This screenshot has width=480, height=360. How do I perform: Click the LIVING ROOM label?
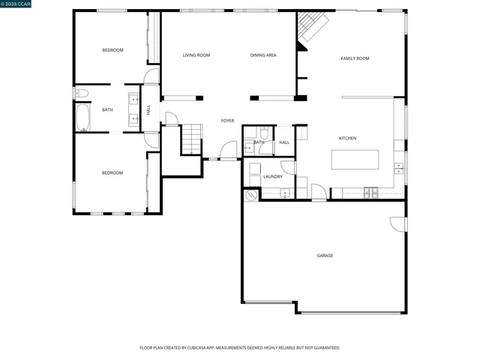coord(196,55)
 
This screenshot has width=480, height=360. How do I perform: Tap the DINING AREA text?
coord(263,55)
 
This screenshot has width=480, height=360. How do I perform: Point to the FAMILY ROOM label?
coord(355,58)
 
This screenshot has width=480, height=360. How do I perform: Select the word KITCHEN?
coord(347,138)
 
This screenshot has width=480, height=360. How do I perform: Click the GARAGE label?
coord(325,256)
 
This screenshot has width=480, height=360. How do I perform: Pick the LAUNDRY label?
coord(273,177)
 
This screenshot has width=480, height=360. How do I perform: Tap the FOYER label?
coord(227,121)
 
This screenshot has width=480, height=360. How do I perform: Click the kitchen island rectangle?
coord(355,160)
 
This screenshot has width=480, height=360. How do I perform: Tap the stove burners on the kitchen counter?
coord(371,193)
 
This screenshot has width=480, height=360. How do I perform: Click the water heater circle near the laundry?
coord(250,194)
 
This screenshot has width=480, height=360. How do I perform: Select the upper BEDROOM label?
coord(112,50)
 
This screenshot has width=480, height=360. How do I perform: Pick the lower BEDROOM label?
coord(112,173)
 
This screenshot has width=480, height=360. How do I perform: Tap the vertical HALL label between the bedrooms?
coord(148,109)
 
